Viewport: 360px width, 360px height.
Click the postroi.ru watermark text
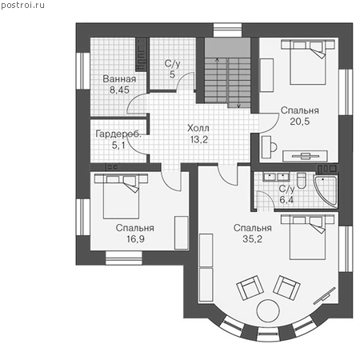[x=22, y=5]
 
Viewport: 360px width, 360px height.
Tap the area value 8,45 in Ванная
[x=119, y=90]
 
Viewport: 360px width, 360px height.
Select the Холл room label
[x=198, y=128]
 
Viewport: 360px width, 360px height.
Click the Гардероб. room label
[x=118, y=134]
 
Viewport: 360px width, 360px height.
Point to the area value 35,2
[x=252, y=239]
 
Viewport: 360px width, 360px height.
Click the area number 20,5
[x=300, y=122]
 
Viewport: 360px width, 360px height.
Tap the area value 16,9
[x=135, y=239]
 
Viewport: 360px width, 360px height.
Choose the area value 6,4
[x=286, y=199]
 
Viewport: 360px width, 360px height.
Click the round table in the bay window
[x=268, y=310]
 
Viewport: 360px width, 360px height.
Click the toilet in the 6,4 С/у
[x=302, y=181]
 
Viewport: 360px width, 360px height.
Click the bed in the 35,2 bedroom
[x=308, y=237]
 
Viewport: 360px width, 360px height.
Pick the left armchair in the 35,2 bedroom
[x=250, y=288]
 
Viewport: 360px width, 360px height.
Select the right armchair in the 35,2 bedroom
[x=286, y=287]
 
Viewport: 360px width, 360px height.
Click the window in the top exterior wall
[x=227, y=30]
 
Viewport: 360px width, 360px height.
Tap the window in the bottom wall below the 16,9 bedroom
[x=124, y=258]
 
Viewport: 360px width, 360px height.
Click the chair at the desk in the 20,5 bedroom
[x=274, y=146]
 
